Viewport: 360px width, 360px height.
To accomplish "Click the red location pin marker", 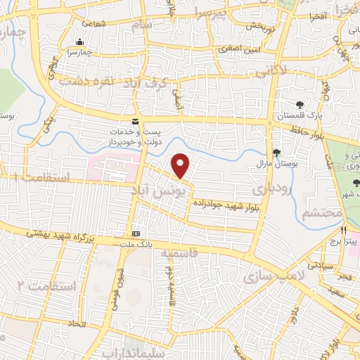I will tap(181, 165).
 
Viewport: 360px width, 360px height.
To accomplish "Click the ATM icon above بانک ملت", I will tap(136, 233).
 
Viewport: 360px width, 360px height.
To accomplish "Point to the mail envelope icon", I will tap(135, 122).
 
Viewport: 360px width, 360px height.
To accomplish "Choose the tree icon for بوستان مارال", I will tap(276, 153).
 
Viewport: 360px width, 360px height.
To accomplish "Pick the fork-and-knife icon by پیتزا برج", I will tap(344, 229).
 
